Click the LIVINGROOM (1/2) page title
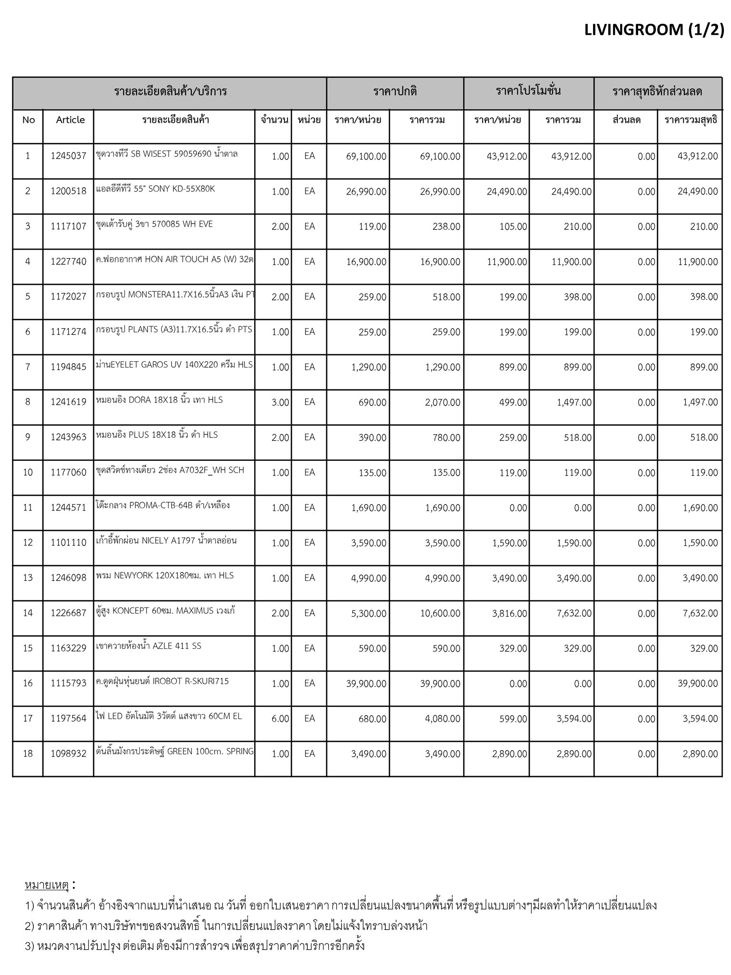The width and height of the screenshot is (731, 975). tap(654, 30)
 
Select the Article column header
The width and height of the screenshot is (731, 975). tap(70, 120)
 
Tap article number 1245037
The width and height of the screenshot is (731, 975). tap(69, 156)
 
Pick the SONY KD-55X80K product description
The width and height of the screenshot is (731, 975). tap(155, 189)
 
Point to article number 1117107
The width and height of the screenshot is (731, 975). tap(69, 226)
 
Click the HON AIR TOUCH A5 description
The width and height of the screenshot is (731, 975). tap(174, 259)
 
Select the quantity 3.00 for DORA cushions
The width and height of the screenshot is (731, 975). tap(280, 402)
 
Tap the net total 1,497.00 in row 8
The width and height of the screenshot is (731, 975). tap(700, 402)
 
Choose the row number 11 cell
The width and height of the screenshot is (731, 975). tap(28, 507)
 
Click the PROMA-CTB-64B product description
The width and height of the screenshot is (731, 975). tap(163, 505)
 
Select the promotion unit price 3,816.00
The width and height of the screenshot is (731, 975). tap(509, 613)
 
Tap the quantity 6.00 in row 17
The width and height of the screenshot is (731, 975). tap(280, 718)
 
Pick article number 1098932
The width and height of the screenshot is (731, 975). tap(69, 754)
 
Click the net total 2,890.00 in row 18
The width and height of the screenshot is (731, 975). tap(700, 754)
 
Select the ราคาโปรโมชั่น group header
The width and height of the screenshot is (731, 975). tap(528, 91)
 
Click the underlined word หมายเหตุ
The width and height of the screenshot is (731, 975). tap(47, 885)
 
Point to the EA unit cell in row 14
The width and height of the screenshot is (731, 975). tap(309, 613)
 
